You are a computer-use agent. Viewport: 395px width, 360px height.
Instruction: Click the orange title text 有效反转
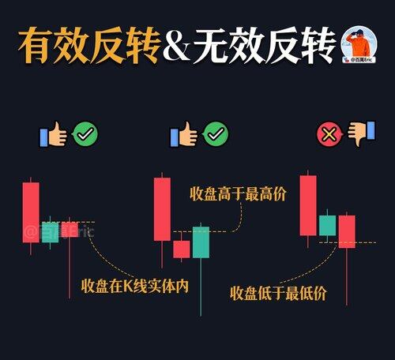[89, 45]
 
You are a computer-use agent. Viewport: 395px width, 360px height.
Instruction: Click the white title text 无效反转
[265, 45]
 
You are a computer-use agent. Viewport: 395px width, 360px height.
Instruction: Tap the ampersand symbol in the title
[178, 47]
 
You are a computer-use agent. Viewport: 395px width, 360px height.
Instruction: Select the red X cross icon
[329, 134]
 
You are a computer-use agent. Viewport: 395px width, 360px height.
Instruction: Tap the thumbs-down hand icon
[361, 133]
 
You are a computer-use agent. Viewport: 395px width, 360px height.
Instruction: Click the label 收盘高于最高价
[238, 194]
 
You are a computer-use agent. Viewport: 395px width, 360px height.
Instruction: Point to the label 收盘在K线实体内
[135, 286]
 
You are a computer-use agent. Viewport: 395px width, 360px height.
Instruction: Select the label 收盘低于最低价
[278, 293]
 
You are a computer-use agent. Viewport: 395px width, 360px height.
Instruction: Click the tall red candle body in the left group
[31, 212]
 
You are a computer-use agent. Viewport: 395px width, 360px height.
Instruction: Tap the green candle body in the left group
[50, 232]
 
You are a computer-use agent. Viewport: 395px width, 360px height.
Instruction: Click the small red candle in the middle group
[182, 249]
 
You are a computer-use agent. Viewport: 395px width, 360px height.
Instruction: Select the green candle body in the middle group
[201, 242]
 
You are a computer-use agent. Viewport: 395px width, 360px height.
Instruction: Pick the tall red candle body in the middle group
[162, 209]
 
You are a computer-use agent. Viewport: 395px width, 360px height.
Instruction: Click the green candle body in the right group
[328, 226]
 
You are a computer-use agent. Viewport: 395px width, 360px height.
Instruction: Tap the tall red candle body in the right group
[308, 205]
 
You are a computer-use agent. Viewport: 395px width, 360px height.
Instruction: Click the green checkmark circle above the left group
[85, 134]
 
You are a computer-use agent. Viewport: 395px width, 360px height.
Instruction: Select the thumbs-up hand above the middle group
[184, 134]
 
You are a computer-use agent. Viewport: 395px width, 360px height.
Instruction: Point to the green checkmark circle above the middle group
[216, 134]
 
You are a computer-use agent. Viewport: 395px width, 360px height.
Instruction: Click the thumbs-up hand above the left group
[53, 134]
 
